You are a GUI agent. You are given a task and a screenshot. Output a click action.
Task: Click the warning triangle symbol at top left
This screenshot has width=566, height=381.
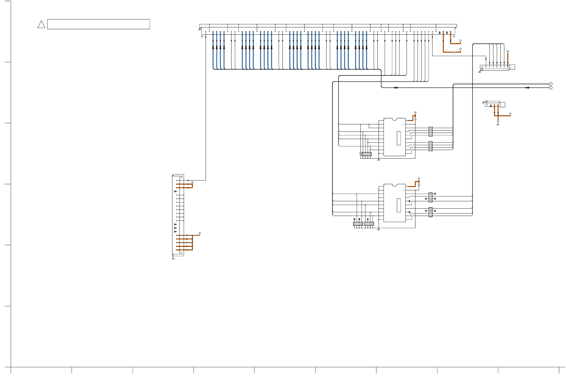tap(41, 24)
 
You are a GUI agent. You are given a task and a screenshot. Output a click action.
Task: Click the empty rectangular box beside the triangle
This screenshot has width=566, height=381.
tap(98, 24)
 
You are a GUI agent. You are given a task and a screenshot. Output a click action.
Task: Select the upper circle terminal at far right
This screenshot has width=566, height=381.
tap(551, 84)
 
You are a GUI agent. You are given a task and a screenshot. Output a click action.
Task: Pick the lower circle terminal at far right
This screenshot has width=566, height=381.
tap(551, 88)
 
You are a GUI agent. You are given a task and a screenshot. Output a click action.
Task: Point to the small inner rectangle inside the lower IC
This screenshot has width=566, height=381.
tap(399, 205)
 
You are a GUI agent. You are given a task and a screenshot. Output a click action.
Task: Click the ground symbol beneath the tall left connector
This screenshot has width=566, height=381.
tap(173, 259)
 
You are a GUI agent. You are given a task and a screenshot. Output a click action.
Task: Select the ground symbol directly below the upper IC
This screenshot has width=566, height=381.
tap(378, 160)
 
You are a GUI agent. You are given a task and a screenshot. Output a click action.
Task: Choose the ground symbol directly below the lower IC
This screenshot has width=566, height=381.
tap(378, 229)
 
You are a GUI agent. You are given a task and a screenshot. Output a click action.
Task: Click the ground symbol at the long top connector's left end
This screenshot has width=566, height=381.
tap(199, 29)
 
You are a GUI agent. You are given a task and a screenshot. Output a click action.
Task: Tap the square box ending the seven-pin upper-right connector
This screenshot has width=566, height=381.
tap(512, 67)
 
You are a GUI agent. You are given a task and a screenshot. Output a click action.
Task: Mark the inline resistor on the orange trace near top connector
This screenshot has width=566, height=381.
tap(453, 52)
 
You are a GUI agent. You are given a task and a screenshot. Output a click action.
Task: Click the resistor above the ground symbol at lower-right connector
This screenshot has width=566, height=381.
tap(498, 121)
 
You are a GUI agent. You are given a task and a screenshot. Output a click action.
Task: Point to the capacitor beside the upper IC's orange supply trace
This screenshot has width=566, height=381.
tap(415, 120)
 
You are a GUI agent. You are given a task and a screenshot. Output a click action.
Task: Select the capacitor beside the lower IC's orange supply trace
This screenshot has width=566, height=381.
tap(419, 185)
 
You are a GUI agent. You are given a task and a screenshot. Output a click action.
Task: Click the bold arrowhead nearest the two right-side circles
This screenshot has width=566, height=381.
tap(527, 88)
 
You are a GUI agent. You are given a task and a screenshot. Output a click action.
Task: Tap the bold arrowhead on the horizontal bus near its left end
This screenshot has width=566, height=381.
tap(396, 88)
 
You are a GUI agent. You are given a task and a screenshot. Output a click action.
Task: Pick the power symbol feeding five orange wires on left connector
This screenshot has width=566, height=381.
tap(199, 233)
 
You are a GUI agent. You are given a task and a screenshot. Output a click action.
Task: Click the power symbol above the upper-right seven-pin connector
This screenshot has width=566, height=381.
tap(508, 52)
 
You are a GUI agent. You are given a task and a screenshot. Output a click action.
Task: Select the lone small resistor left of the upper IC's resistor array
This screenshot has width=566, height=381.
tap(360, 154)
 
